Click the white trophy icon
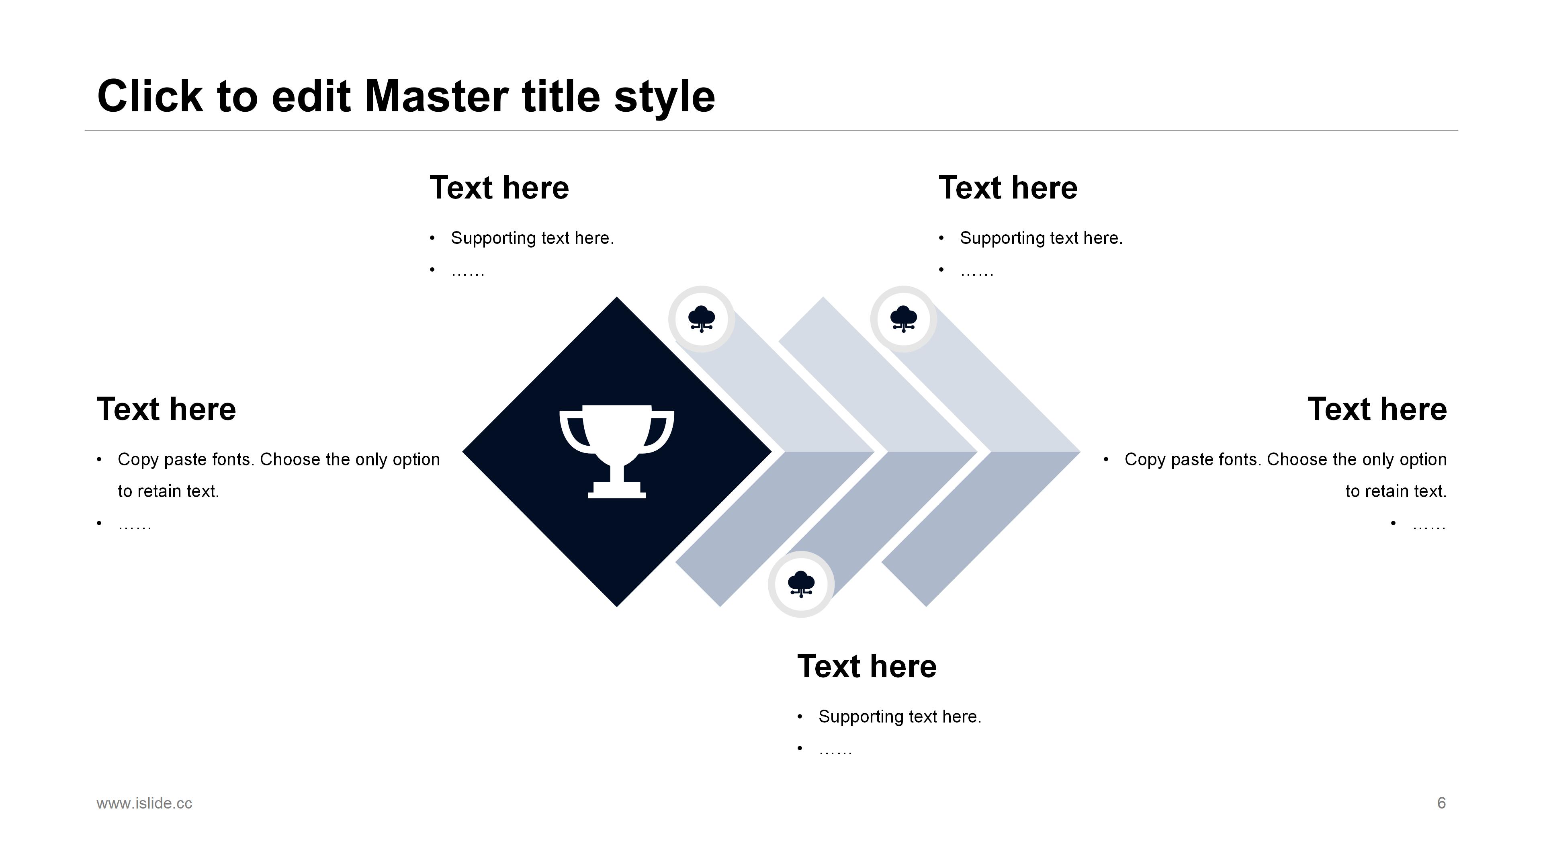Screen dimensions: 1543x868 coord(617,452)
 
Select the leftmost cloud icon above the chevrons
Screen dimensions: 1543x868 coord(702,319)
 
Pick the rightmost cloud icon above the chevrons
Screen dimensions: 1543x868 coord(904,319)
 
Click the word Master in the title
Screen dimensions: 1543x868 coord(437,96)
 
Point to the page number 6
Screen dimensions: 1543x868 coord(1441,803)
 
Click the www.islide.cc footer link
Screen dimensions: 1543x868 coord(144,803)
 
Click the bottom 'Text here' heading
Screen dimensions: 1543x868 coord(867,666)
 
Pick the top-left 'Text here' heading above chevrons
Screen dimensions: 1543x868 coord(499,188)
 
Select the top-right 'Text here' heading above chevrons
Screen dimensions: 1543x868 coord(1008,188)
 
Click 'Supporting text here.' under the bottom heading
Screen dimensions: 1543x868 coord(900,717)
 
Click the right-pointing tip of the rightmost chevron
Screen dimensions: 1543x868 coord(1080,452)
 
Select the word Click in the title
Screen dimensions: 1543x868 coord(150,96)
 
